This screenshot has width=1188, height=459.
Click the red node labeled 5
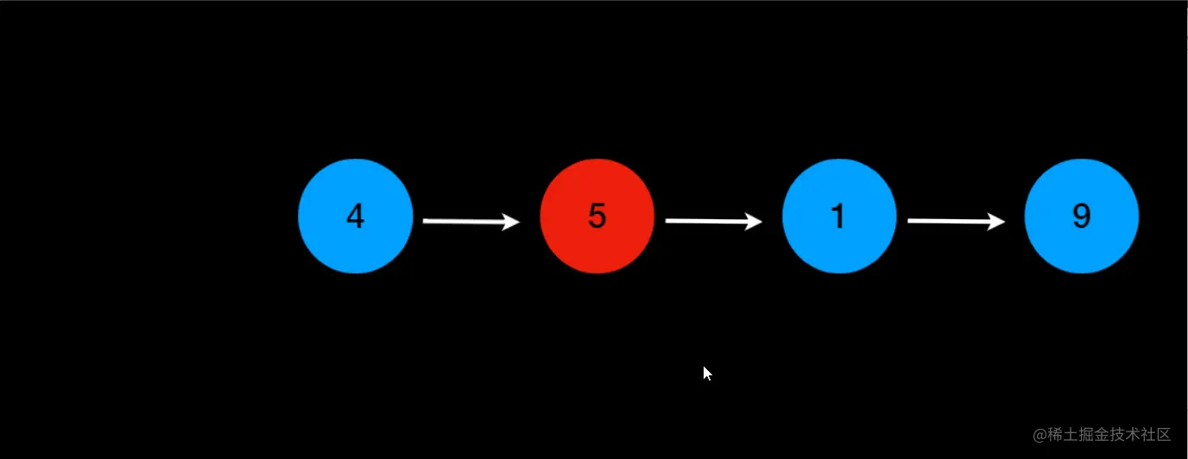click(x=597, y=216)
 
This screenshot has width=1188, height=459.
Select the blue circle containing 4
click(x=356, y=216)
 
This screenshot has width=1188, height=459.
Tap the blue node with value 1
click(x=839, y=216)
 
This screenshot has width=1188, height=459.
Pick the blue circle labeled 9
click(x=1082, y=216)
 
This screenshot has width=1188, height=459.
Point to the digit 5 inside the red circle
click(x=597, y=216)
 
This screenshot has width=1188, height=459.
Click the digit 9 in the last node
click(x=1082, y=216)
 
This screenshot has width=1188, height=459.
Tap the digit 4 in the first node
click(x=355, y=216)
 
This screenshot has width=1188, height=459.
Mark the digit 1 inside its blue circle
click(x=838, y=216)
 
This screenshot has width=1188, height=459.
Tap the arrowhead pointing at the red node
click(x=512, y=223)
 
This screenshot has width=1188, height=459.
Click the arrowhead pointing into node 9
click(x=997, y=223)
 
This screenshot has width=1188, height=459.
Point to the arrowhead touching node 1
click(x=755, y=223)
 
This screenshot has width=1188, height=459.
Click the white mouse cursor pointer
click(x=707, y=373)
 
